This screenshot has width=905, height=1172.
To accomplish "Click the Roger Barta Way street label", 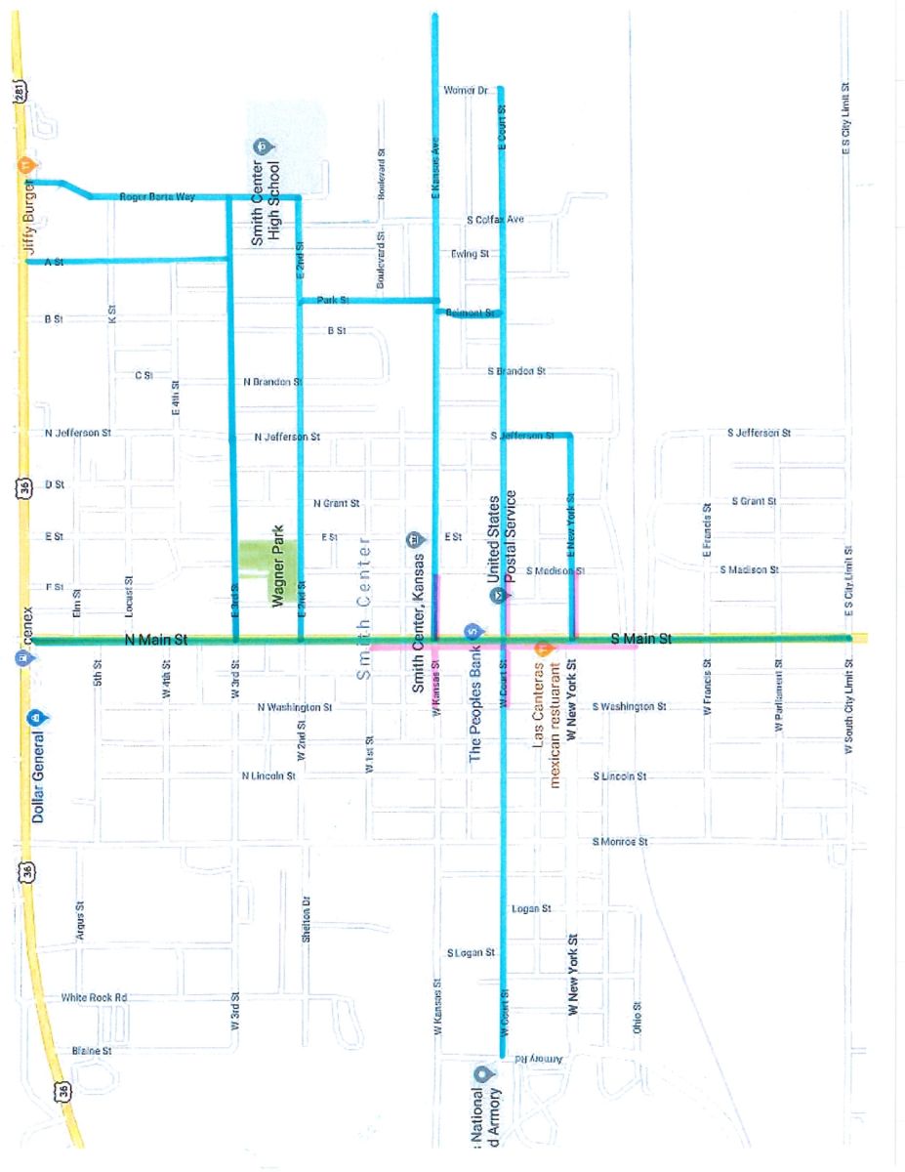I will tap(157, 197).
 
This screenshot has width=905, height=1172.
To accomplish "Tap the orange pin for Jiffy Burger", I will tap(30, 165).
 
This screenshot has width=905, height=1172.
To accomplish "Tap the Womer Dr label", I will tap(465, 90).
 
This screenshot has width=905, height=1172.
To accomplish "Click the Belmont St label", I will tap(465, 314).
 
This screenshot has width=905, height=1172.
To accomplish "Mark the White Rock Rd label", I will tap(94, 997).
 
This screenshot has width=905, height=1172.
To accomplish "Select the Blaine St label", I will tap(92, 1051).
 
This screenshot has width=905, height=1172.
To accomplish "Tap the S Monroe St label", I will tap(620, 841).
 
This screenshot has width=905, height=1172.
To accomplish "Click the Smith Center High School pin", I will tap(262, 147).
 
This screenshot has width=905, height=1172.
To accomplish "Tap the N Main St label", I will tap(156, 641).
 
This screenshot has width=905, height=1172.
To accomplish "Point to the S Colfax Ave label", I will tap(495, 220).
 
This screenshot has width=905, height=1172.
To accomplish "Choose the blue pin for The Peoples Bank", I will tap(472, 630).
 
